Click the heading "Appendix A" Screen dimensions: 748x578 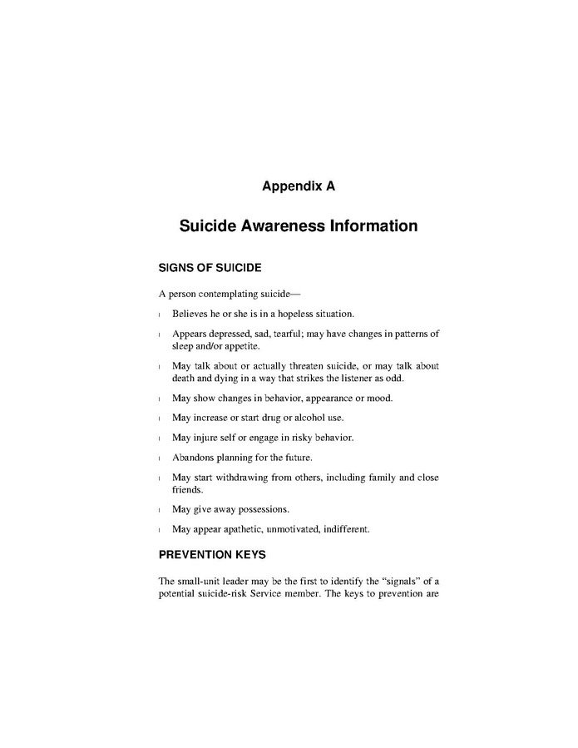point(298,186)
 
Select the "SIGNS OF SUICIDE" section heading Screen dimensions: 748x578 point(210,268)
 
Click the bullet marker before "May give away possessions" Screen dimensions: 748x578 point(160,509)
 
